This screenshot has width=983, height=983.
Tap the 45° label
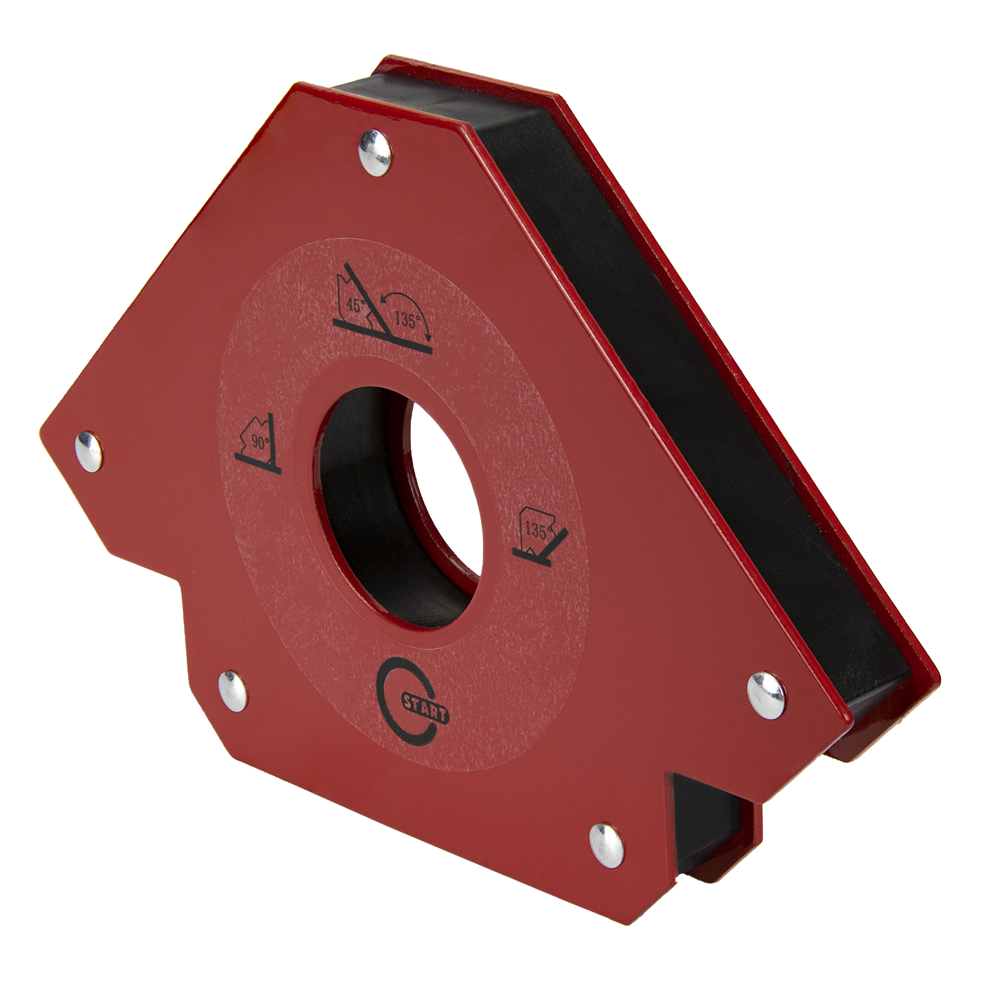coord(356,305)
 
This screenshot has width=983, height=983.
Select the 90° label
coord(260,443)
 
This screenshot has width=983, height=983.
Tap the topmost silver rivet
coord(375,153)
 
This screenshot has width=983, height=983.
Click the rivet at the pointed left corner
coord(89,451)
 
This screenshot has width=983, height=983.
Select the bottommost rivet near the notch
coord(607,845)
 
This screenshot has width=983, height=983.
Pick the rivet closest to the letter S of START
coord(232,691)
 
